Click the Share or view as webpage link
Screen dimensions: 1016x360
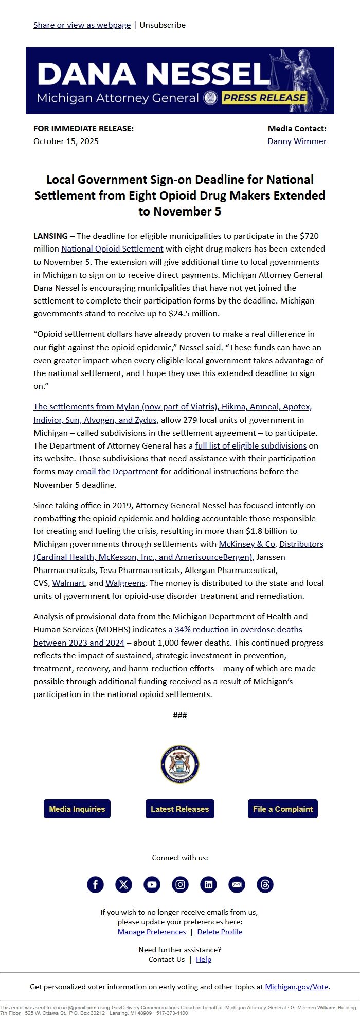click(x=82, y=25)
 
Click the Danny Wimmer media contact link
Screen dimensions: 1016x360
click(x=297, y=141)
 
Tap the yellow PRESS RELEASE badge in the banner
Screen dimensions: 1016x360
click(x=265, y=98)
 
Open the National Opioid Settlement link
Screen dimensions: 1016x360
click(x=112, y=248)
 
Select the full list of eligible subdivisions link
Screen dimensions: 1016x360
click(x=250, y=445)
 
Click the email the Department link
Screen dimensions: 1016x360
click(x=117, y=471)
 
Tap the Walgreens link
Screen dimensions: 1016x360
click(x=125, y=583)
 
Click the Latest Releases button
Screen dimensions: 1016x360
click(x=179, y=809)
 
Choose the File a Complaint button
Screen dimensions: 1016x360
click(x=282, y=809)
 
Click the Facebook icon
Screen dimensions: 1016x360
click(x=95, y=884)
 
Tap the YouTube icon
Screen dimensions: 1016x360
click(x=152, y=884)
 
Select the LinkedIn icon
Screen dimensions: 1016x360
click(x=208, y=884)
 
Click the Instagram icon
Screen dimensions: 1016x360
click(x=180, y=884)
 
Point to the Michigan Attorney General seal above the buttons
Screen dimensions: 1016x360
click(x=179, y=764)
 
